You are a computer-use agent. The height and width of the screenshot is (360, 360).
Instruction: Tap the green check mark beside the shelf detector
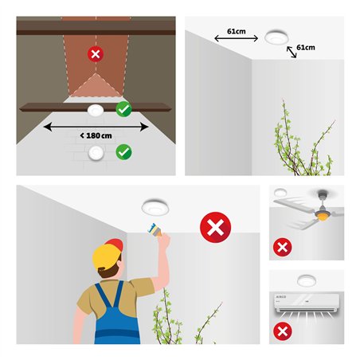(x=123, y=109)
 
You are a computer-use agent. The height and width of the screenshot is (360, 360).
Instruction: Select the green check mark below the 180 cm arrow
(x=123, y=151)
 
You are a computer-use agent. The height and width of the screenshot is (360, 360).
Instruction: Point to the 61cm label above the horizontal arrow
(x=235, y=30)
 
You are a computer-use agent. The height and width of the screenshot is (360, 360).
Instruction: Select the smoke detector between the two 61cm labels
(x=276, y=37)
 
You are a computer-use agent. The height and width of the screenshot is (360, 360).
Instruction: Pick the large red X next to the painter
(x=215, y=229)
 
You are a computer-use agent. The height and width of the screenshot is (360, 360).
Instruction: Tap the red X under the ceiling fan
(x=281, y=247)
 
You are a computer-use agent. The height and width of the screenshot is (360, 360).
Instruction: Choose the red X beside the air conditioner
(x=281, y=331)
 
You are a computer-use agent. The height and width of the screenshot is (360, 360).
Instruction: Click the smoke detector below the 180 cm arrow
(x=96, y=151)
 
